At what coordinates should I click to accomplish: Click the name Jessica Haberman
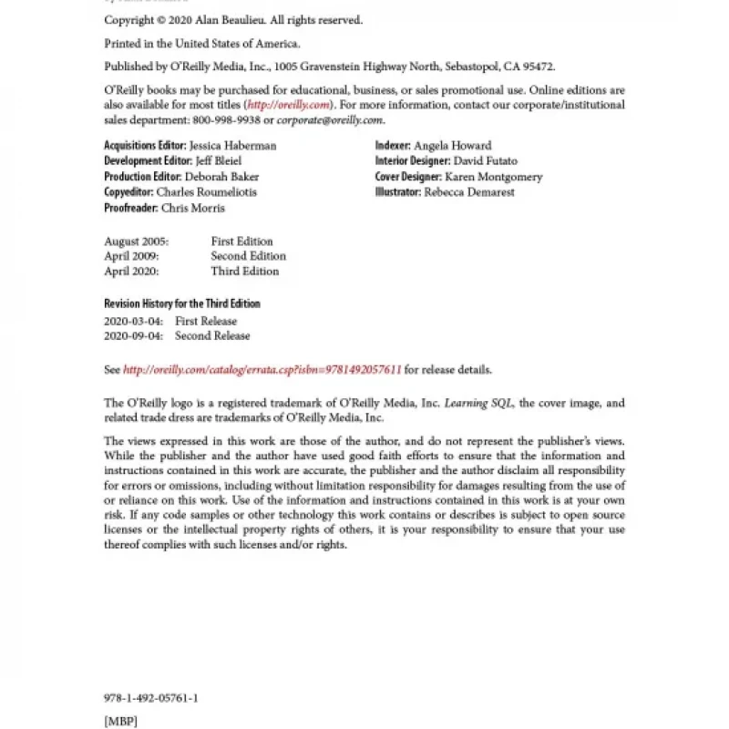[232, 145]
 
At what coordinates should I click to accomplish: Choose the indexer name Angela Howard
[452, 145]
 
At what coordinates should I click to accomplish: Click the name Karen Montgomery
[493, 177]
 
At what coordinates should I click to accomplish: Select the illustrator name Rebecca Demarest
[469, 192]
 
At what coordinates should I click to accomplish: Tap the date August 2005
[135, 241]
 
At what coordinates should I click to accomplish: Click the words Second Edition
[248, 256]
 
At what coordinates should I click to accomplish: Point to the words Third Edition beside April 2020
[244, 272]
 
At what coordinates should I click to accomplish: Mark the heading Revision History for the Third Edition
[182, 303]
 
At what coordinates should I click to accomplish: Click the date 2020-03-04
[133, 321]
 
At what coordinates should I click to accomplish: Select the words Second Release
[212, 335]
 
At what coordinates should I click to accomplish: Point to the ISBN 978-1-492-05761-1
[151, 698]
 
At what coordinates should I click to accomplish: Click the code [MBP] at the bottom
[122, 720]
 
